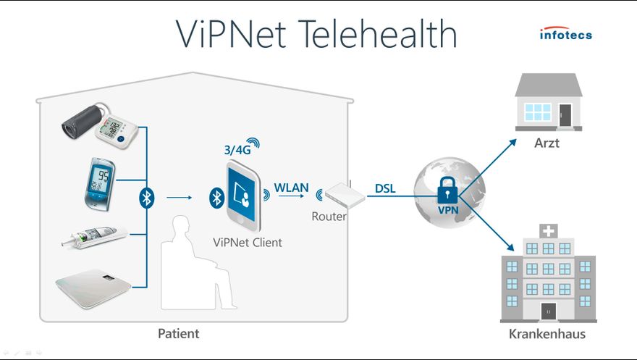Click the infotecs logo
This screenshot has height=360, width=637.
[565, 34]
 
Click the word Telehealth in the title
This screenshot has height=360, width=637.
[377, 34]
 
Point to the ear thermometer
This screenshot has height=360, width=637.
[95, 237]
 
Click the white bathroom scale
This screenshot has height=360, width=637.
[94, 287]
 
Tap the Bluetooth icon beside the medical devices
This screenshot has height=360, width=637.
[147, 197]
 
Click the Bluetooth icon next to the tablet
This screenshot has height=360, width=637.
[215, 197]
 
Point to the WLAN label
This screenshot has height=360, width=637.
[291, 188]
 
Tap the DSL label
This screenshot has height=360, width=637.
[385, 188]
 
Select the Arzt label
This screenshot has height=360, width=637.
[547, 143]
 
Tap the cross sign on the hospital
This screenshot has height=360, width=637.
[548, 231]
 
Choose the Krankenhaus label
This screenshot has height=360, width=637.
[547, 334]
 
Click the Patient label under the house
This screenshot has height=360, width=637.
[178, 334]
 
